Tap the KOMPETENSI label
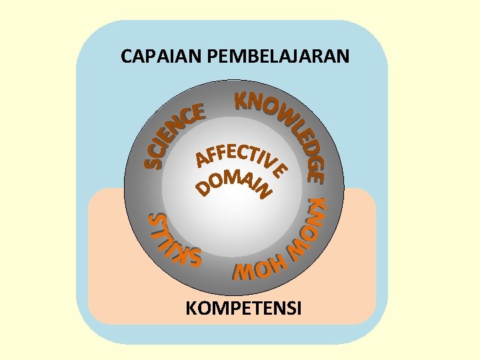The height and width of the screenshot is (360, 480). pos(243,309)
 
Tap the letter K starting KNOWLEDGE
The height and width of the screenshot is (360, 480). pos(243,100)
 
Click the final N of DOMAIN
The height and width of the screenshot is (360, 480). pos(266,192)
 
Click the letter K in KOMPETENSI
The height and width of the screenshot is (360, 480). pos(191,309)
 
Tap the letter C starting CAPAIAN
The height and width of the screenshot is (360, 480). pos(127,56)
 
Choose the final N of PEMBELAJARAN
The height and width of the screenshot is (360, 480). pos(343,56)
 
